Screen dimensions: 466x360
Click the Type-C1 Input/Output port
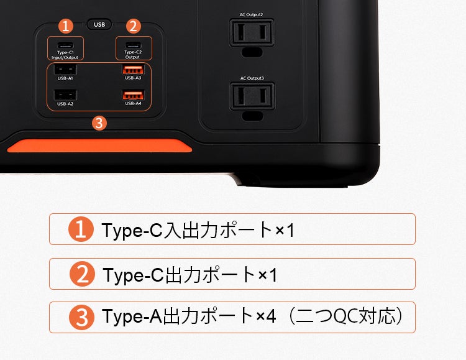[x=65, y=45]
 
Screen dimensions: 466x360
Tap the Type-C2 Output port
[x=133, y=45]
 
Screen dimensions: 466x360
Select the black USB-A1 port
[x=65, y=70]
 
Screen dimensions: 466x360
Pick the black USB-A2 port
[x=65, y=95]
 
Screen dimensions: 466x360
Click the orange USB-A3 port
[x=134, y=70]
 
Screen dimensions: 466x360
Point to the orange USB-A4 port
[x=134, y=95]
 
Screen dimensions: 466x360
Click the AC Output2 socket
[x=252, y=32]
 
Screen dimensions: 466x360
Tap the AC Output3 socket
[x=252, y=96]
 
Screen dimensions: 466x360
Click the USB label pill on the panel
[x=99, y=24]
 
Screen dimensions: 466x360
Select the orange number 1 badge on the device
[x=66, y=26]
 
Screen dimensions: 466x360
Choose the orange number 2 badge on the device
[x=134, y=26]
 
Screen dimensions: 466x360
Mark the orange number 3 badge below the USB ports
[x=99, y=123]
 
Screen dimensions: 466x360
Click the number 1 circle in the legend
[x=81, y=229]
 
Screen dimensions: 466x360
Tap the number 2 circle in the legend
[x=82, y=274]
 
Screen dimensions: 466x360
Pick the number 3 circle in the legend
[x=82, y=318]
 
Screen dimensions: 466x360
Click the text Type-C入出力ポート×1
[x=198, y=230]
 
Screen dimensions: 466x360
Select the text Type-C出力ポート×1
[x=190, y=275]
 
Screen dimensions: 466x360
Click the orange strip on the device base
[x=99, y=145]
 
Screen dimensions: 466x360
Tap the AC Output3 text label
[x=252, y=78]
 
